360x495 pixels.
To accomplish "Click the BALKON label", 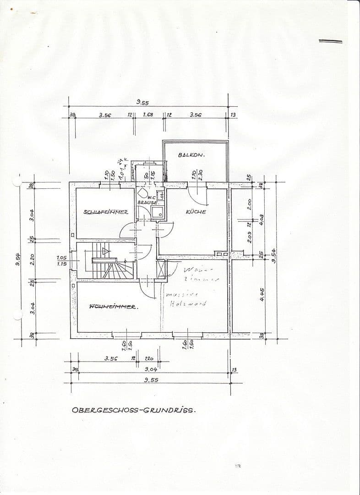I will tap(191, 155).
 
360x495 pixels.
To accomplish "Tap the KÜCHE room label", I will tap(196, 212).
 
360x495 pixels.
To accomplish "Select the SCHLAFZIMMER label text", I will tap(105, 212).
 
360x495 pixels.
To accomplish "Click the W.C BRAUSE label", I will tap(147, 200).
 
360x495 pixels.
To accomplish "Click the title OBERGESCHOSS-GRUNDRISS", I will tap(133, 409).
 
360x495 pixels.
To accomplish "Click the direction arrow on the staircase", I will tap(106, 251).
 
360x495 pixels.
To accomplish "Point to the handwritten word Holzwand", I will tap(188, 303).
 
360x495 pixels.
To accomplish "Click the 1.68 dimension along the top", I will tap(147, 115).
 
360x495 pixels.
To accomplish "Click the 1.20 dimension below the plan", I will tap(149, 359).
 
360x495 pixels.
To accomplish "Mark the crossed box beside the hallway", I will tap(161, 269).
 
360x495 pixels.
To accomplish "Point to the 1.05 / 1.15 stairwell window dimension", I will tap(61, 261).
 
